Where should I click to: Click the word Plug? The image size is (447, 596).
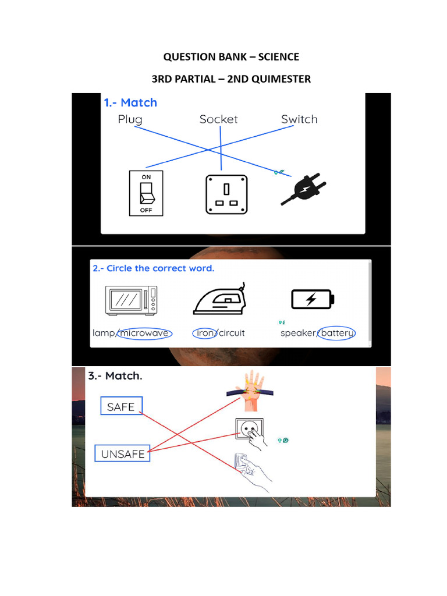[130, 119]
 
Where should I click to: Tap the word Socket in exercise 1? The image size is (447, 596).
[218, 119]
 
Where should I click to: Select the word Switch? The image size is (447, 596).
[299, 119]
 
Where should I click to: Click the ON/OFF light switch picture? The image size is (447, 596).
[146, 193]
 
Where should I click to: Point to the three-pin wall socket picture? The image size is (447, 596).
[226, 194]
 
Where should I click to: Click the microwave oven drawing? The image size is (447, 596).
[132, 300]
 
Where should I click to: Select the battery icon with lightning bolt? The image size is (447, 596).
[313, 299]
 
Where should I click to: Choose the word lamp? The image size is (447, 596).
[104, 334]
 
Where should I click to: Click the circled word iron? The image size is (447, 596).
[204, 334]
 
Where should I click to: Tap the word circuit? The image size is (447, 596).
[232, 334]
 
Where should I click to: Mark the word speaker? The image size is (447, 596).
[298, 334]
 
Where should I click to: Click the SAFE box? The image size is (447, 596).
[121, 407]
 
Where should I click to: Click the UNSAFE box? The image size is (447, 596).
[123, 454]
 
